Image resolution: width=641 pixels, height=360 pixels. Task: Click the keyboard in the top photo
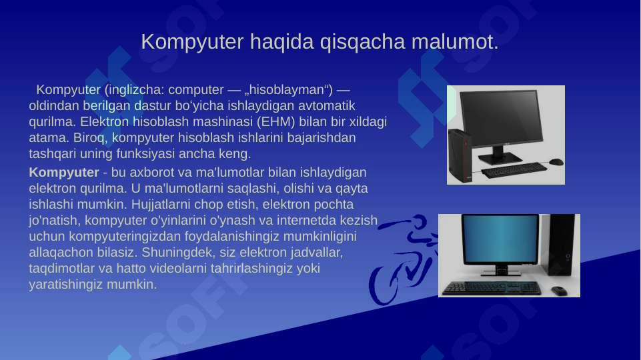tap(512, 171)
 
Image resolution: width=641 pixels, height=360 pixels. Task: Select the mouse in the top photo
tap(556, 162)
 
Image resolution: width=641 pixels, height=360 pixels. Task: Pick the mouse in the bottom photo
tap(558, 291)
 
